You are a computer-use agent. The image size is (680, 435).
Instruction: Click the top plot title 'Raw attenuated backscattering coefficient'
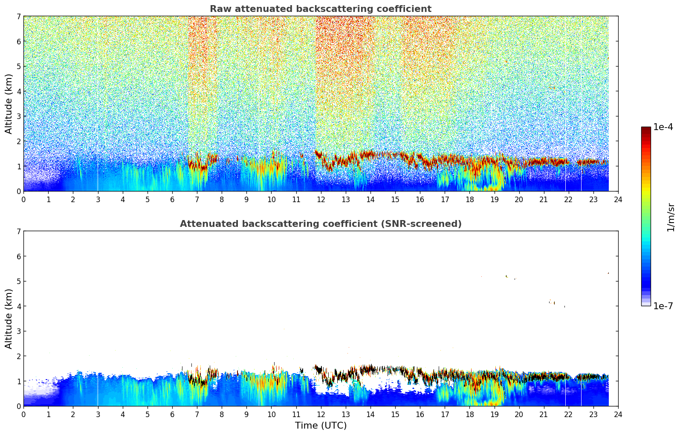(x=320, y=9)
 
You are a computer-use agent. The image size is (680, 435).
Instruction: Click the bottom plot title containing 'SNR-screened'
(x=320, y=224)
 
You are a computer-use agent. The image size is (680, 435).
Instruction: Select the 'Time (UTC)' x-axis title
(x=321, y=426)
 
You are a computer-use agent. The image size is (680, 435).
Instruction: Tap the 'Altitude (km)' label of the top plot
(x=9, y=104)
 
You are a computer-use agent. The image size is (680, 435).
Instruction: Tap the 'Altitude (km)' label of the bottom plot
(x=9, y=319)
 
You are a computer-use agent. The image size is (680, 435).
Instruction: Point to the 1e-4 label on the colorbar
(x=663, y=127)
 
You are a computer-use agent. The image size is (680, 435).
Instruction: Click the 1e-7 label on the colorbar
(x=663, y=306)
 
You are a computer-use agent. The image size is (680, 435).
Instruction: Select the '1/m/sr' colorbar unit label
(x=671, y=217)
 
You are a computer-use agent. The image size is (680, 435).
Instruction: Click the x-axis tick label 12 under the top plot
(x=321, y=199)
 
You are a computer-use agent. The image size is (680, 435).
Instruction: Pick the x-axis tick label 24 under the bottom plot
(x=618, y=414)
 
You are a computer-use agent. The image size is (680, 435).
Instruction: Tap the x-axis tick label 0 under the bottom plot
(x=23, y=414)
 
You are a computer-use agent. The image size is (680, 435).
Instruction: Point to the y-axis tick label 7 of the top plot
(x=18, y=17)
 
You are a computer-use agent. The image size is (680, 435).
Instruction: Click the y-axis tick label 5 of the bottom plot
(x=18, y=281)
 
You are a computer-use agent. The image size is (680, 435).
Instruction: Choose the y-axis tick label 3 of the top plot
(x=18, y=116)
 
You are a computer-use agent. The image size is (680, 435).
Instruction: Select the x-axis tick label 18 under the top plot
(x=469, y=199)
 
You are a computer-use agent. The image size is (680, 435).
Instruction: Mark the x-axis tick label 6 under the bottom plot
(x=172, y=414)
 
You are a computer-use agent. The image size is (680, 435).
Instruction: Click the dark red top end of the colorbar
(x=645, y=129)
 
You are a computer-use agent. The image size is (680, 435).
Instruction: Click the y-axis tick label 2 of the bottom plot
(x=18, y=356)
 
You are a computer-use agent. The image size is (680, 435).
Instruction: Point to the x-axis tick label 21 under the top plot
(x=544, y=199)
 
